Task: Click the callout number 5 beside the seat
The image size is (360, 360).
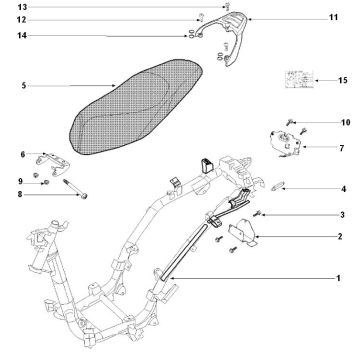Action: tap(23, 86)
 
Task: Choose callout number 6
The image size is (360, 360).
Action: tap(23, 154)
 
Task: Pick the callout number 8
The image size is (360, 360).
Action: tap(23, 195)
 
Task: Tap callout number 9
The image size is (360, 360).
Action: tap(23, 180)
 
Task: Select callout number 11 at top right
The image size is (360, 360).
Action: tap(333, 18)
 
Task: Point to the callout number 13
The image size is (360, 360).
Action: tap(23, 7)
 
